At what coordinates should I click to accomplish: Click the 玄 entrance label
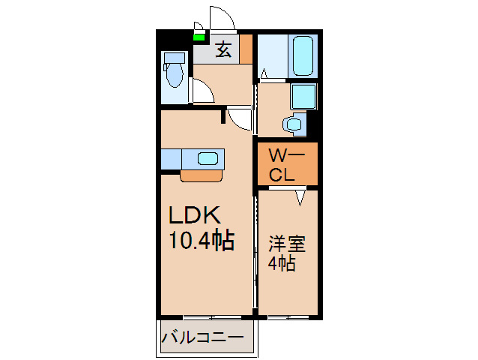coord(223,50)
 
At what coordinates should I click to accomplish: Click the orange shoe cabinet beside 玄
coord(246,49)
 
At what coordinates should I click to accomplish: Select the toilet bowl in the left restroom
coord(174,75)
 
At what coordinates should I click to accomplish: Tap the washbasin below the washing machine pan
coord(294,124)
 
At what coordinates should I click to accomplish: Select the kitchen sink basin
coord(209,158)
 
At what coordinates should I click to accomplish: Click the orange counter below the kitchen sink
coord(201,176)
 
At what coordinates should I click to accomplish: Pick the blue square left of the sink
coord(170,159)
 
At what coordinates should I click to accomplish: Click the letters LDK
coord(193,216)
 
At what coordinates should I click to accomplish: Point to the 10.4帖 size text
coord(200,241)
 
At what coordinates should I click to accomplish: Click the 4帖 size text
coord(282,263)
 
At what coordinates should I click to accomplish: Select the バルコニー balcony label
coord(202,338)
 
